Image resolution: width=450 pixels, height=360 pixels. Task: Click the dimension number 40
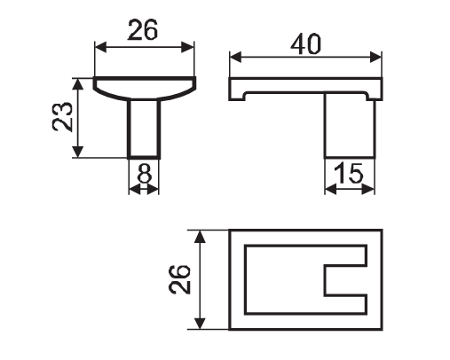pyautogui.click(x=305, y=44)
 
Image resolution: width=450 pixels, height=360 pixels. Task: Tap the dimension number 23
pyautogui.click(x=62, y=117)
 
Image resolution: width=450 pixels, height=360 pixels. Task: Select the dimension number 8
pyautogui.click(x=145, y=174)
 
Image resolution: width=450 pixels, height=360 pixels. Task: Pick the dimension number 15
pyautogui.click(x=348, y=174)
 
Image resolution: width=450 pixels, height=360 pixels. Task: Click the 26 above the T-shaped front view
pyautogui.click(x=143, y=30)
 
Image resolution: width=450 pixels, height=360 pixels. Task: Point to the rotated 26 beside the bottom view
pyautogui.click(x=179, y=280)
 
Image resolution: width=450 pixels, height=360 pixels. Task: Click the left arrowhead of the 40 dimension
pyautogui.click(x=235, y=57)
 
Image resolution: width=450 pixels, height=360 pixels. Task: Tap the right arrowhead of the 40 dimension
pyautogui.click(x=375, y=57)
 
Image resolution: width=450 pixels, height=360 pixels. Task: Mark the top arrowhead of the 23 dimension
pyautogui.click(x=78, y=84)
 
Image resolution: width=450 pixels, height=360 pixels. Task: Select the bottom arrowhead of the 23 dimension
pyautogui.click(x=78, y=152)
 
